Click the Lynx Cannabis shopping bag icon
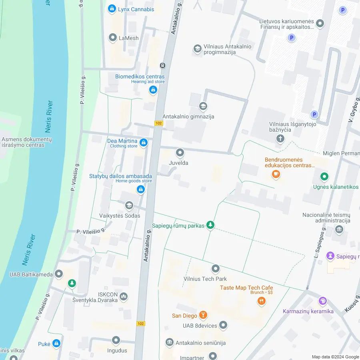coord(112,9)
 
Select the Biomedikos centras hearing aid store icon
coord(153,90)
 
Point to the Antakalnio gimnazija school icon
coord(203,106)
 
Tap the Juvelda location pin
coord(180,153)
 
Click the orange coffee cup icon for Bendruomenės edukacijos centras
coord(276,174)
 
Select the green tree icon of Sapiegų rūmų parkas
coord(210,225)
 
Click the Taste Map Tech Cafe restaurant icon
coord(262,301)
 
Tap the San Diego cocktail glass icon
coord(203,315)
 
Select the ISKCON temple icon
coord(124,296)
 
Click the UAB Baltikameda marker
coord(59,274)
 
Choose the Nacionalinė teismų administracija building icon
coord(339,230)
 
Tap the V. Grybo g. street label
coord(353,108)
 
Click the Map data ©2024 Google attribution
coord(335,357)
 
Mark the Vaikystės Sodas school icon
coord(129,206)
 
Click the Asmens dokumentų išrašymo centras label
coord(26,142)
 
